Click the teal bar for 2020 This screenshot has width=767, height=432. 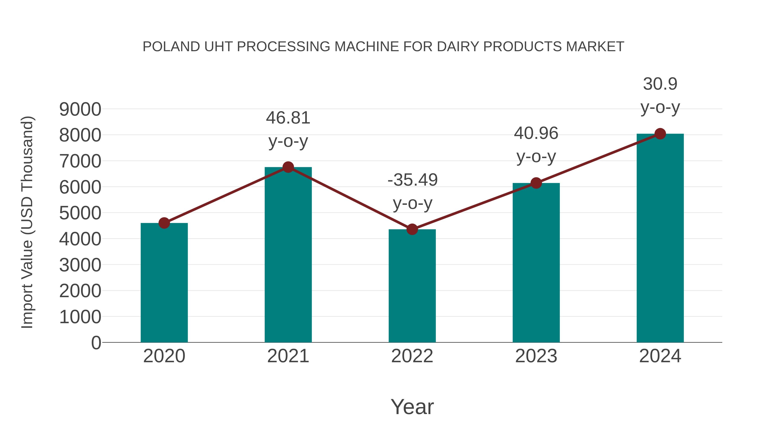(x=164, y=283)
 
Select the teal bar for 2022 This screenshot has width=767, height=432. (x=412, y=286)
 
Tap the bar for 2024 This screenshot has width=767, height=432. (x=660, y=239)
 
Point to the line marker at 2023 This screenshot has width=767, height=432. (x=536, y=183)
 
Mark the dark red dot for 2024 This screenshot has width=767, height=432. (x=660, y=134)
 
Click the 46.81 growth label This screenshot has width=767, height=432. (x=288, y=118)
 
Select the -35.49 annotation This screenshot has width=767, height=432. (x=412, y=180)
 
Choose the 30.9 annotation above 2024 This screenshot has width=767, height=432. (x=660, y=84)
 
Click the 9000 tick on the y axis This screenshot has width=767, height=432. (x=80, y=109)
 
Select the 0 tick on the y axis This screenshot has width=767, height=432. (x=96, y=343)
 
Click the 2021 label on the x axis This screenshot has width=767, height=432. (x=288, y=356)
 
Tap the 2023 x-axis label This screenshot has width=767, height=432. (x=536, y=356)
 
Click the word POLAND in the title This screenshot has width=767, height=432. (x=171, y=47)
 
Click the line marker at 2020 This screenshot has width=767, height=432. (x=164, y=223)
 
